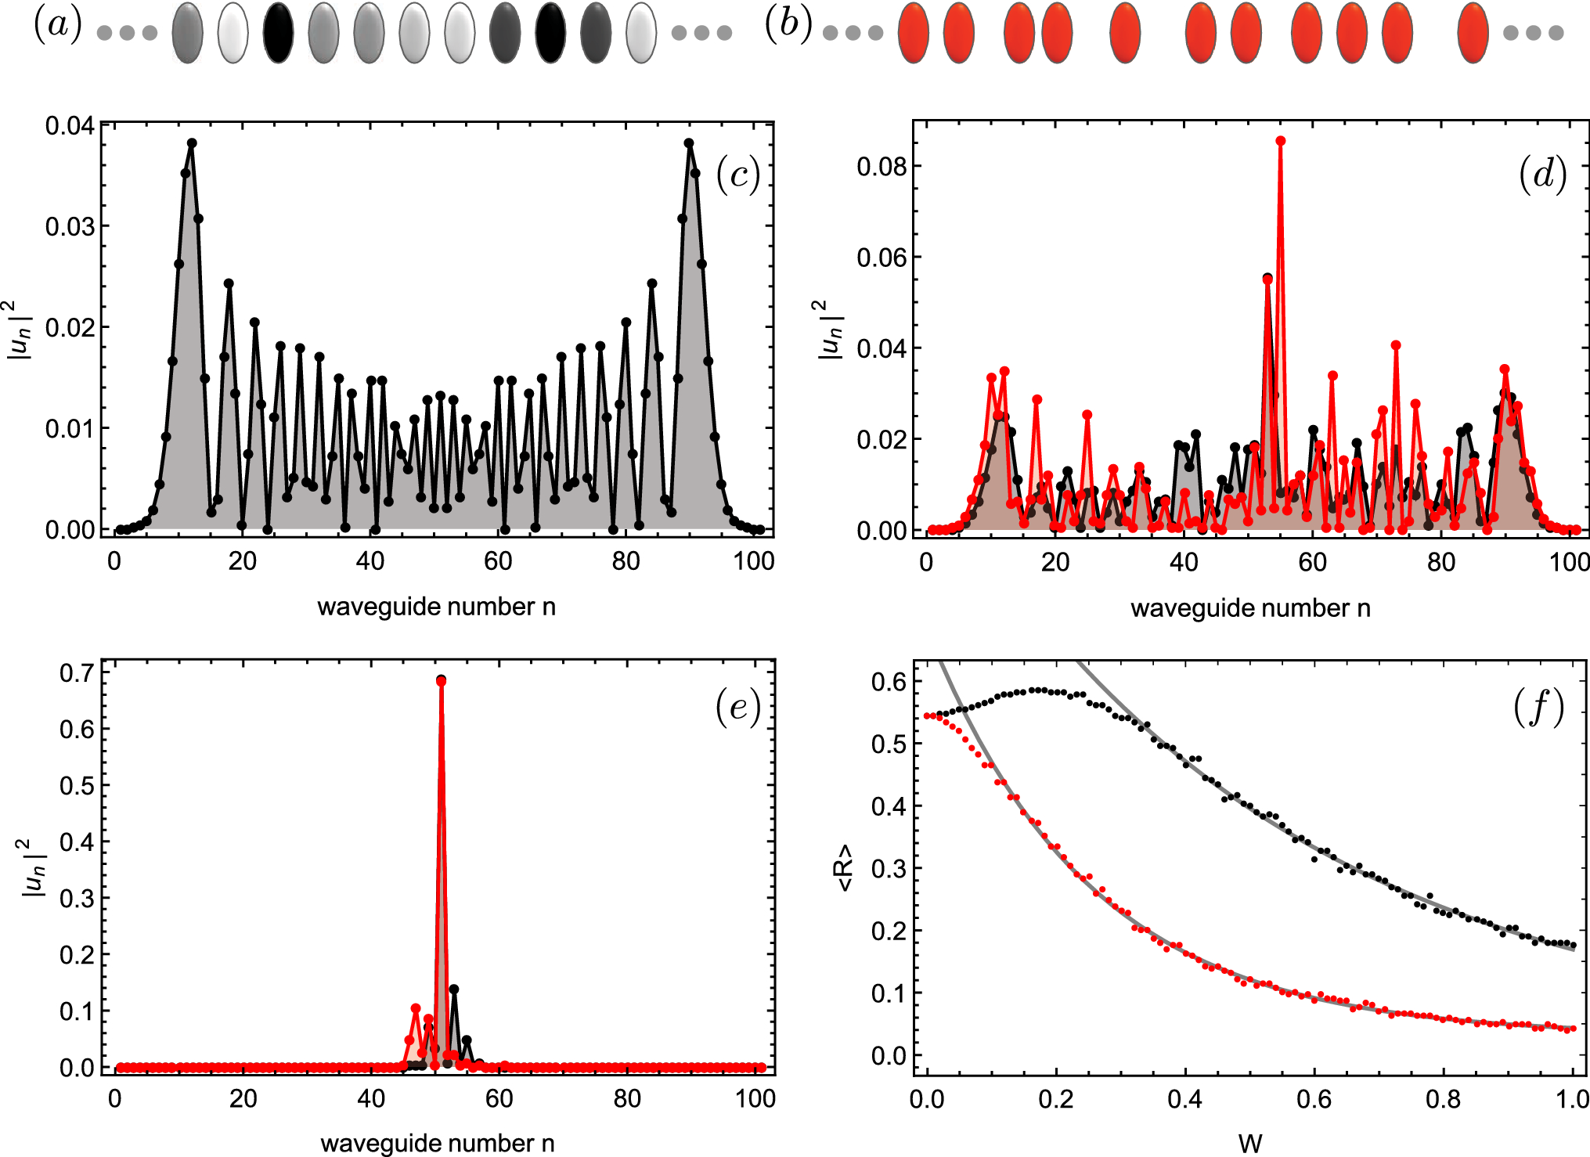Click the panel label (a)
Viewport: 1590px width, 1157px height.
(x=58, y=25)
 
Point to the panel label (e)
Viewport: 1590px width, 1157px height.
(x=737, y=708)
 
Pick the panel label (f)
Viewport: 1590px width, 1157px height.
(x=1538, y=708)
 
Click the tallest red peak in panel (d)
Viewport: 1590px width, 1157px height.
(x=1280, y=141)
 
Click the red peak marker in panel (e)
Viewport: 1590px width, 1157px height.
(x=441, y=682)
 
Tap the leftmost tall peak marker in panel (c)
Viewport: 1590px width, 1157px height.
(x=192, y=143)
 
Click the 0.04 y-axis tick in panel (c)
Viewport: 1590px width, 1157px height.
(x=69, y=125)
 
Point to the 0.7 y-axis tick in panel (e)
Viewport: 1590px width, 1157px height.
(x=77, y=672)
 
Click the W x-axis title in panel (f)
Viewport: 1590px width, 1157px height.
(x=1250, y=1143)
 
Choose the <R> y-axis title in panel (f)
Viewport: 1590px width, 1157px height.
(x=845, y=867)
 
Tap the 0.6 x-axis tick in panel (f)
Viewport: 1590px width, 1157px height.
(x=1313, y=1099)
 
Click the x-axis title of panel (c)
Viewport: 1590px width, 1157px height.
(x=436, y=607)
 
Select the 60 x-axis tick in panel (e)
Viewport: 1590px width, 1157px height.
(x=499, y=1099)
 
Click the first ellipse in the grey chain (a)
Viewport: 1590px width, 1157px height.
(x=187, y=33)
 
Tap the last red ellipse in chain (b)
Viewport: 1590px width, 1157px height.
(x=1473, y=33)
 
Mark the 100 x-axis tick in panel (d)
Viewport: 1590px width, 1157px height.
(x=1569, y=562)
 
